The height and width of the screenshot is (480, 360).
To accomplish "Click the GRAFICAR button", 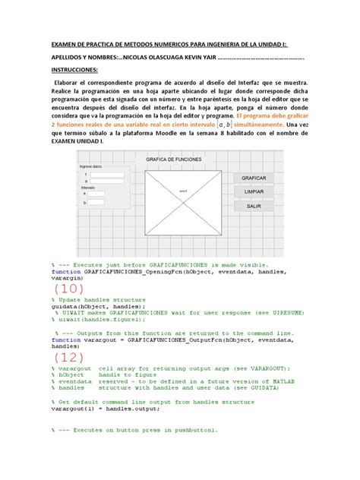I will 254,178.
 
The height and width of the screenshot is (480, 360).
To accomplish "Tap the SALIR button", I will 254,206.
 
